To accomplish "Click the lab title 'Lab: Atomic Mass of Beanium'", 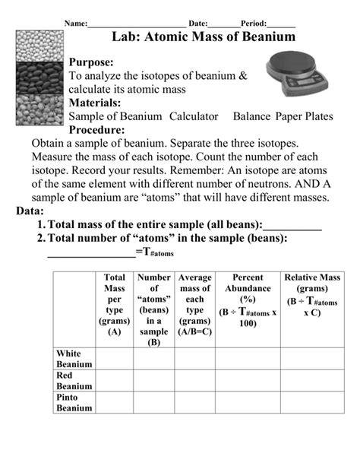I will point(203,36).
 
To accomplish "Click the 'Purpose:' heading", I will point(91,62).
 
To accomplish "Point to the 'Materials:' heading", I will point(95,103).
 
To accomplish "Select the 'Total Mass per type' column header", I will point(115,305).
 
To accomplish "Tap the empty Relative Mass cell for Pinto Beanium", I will point(312,403).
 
